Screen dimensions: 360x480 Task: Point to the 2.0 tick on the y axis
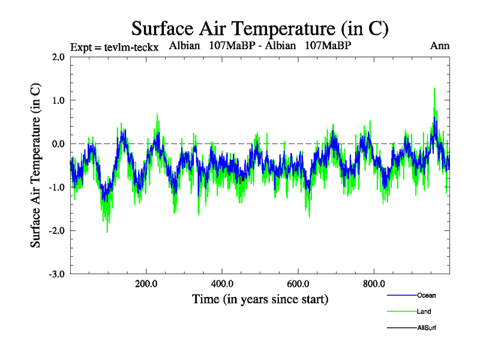coord(58,57)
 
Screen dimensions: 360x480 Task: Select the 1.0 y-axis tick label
coord(58,100)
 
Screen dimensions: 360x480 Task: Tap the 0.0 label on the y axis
coord(58,144)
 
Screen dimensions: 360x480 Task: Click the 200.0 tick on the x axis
coord(146,284)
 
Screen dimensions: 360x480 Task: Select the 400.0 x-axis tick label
coord(222,284)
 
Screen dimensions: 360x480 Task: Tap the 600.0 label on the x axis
coord(298,284)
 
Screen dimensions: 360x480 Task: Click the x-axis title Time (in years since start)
coord(260,299)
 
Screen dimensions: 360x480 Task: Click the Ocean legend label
coord(426,295)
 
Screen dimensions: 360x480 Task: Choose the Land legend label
coord(424,311)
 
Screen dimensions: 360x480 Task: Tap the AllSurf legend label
coord(427,328)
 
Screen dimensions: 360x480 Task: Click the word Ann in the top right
coord(440,46)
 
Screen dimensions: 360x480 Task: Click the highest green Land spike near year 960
coord(434,89)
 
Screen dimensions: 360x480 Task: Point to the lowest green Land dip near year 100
coord(107,232)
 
